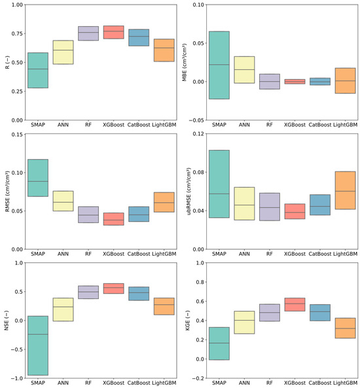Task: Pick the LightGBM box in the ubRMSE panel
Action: (345, 190)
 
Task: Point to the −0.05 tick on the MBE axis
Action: (195, 120)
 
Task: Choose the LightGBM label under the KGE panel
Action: (345, 382)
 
